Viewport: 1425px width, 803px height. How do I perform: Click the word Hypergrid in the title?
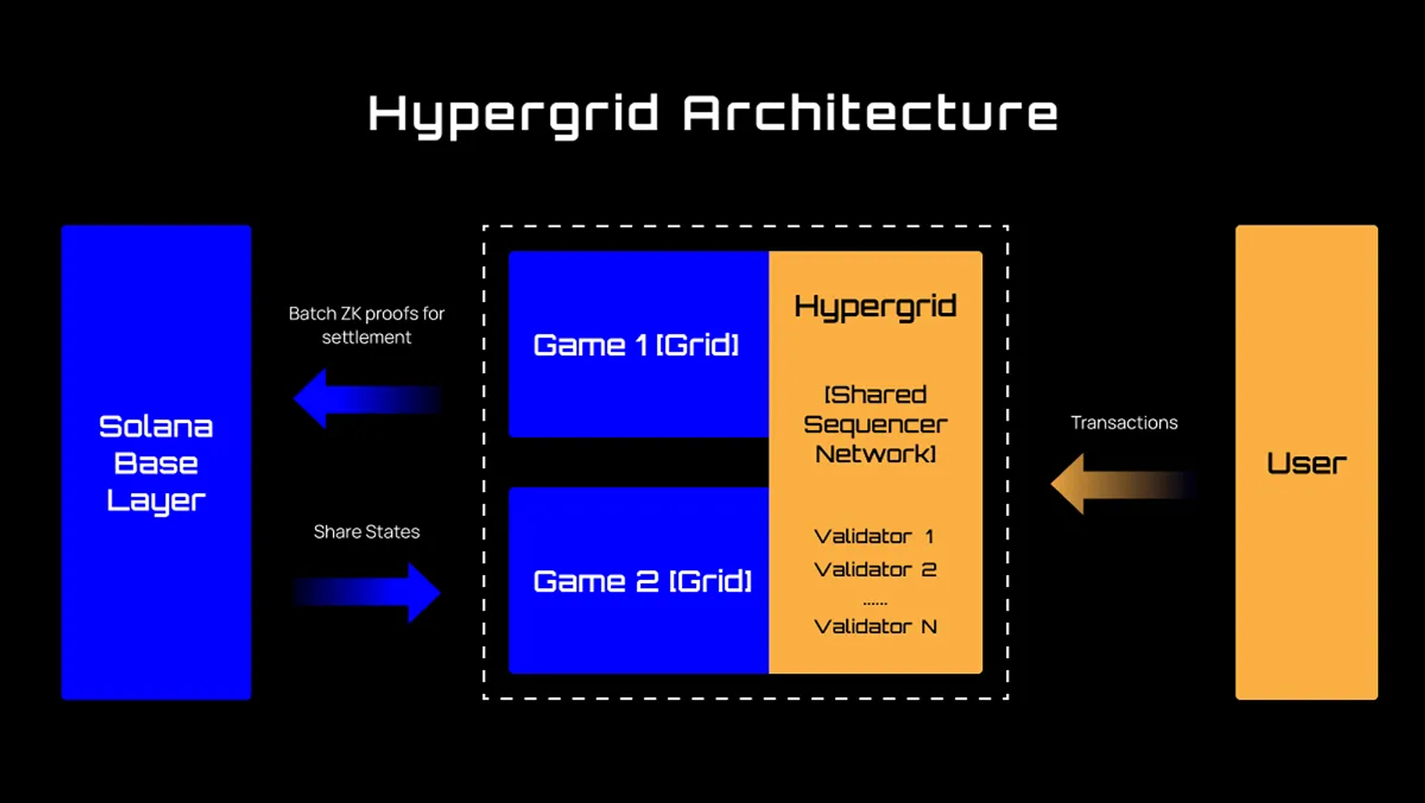coord(513,114)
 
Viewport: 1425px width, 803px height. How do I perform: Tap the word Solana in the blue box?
coord(156,427)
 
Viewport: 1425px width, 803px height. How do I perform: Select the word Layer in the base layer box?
coord(156,501)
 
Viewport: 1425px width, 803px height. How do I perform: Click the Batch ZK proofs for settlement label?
coord(366,325)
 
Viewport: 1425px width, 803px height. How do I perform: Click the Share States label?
coord(366,532)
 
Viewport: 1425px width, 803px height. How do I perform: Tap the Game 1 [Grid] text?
coord(636,346)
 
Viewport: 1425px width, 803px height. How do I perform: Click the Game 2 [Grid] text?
coord(642,581)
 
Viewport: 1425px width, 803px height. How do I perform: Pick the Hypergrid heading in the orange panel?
coord(875,306)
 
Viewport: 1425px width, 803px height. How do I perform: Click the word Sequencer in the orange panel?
coord(875,425)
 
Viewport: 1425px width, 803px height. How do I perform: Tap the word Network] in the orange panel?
coord(875,454)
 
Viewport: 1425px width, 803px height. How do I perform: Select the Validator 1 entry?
coord(874,537)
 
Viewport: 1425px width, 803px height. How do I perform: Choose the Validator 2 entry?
coord(875,570)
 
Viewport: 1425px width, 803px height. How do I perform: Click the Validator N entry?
coord(875,627)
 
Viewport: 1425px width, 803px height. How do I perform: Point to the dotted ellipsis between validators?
coord(875,603)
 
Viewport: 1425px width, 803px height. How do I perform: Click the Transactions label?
coord(1124,423)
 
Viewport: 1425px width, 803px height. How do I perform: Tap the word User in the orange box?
coord(1306,464)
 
